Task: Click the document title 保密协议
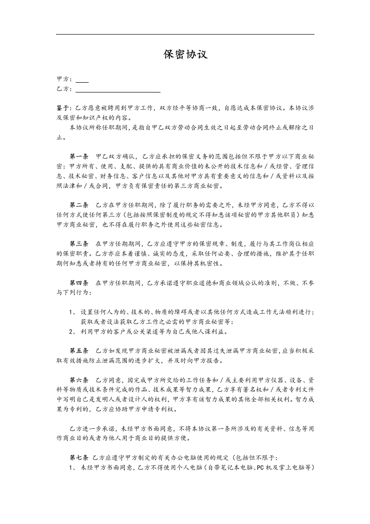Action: pyautogui.click(x=185, y=55)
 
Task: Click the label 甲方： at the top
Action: pyautogui.click(x=64, y=80)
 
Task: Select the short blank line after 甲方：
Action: pyautogui.click(x=82, y=82)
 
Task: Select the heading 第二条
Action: pyautogui.click(x=79, y=205)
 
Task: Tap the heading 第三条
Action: pyautogui.click(x=79, y=244)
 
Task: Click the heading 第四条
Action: pyautogui.click(x=79, y=283)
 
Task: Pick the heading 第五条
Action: pyautogui.click(x=79, y=351)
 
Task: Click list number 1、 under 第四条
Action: pyautogui.click(x=72, y=312)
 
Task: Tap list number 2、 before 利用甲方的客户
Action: pyautogui.click(x=72, y=332)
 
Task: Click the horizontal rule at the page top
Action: pyautogui.click(x=185, y=34)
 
